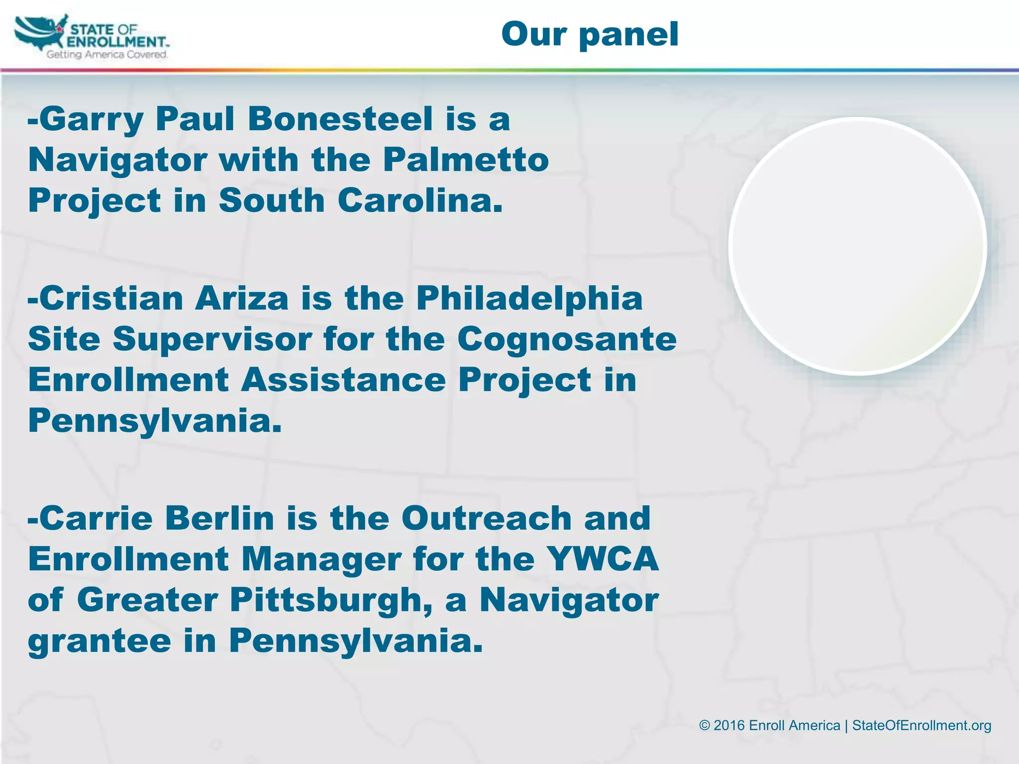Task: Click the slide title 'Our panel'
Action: (x=590, y=34)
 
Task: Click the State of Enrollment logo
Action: (x=92, y=38)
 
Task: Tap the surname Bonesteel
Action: (x=340, y=120)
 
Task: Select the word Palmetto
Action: (x=466, y=160)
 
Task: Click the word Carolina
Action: (x=420, y=201)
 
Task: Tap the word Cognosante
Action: (x=567, y=340)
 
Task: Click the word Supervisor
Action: (x=212, y=340)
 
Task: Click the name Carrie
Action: (x=96, y=519)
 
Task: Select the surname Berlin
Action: (x=219, y=519)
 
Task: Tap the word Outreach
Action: (x=486, y=519)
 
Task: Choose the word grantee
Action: (x=100, y=641)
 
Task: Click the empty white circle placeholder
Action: (x=857, y=246)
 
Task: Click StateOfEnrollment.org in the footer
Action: (x=921, y=726)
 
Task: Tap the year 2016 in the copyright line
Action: (x=729, y=726)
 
